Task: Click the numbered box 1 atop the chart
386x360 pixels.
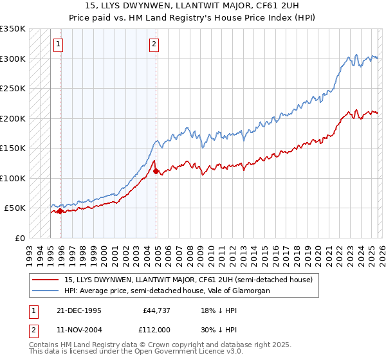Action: click(59, 44)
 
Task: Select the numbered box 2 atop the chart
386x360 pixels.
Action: click(154, 44)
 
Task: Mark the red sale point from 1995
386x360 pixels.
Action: click(60, 211)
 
